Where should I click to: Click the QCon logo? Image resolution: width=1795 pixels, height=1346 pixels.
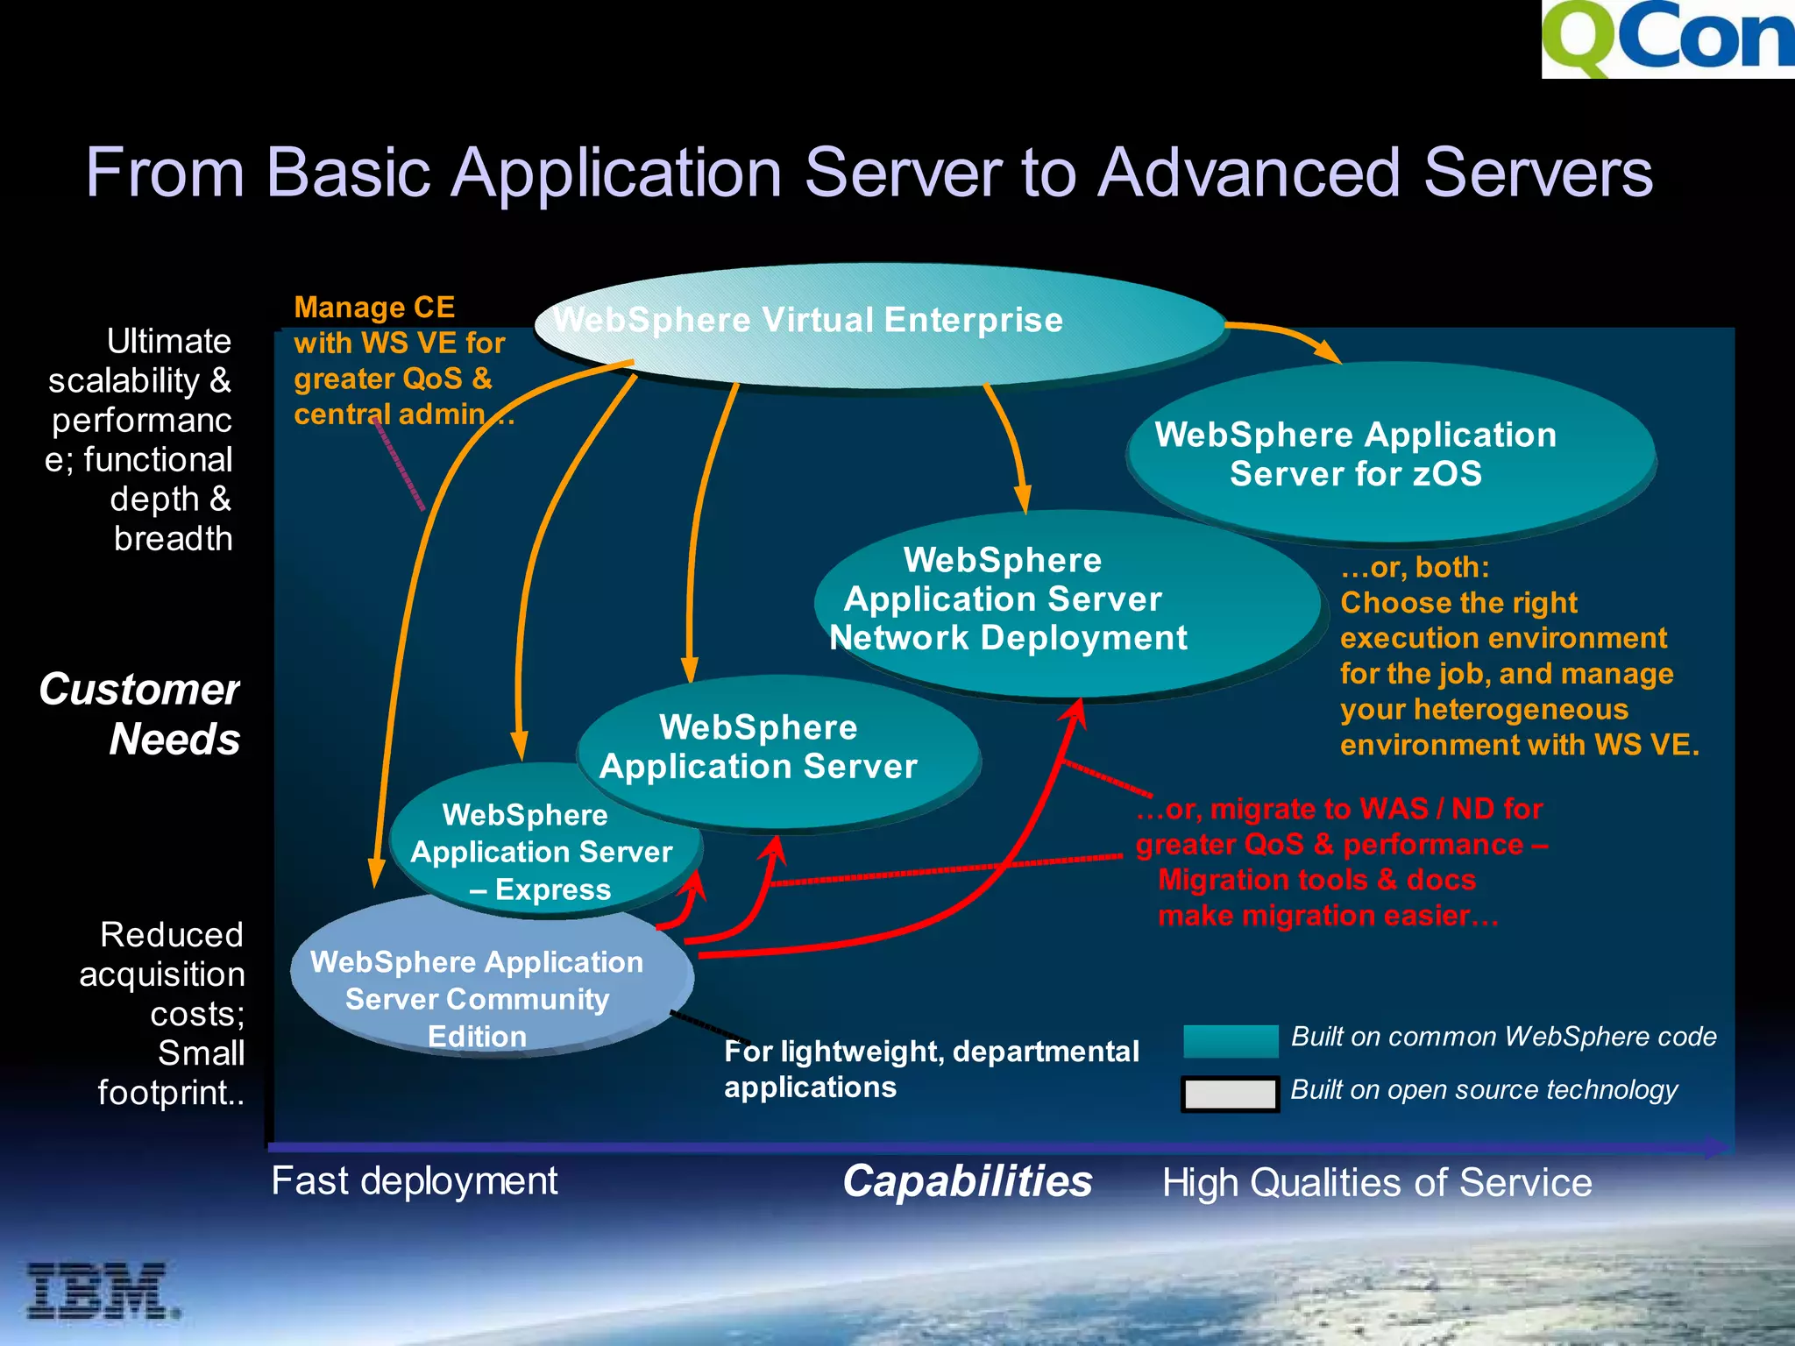click(x=1668, y=39)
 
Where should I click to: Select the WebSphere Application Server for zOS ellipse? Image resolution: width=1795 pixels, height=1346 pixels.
click(x=1390, y=454)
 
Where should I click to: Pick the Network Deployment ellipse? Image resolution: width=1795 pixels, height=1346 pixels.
click(x=1066, y=605)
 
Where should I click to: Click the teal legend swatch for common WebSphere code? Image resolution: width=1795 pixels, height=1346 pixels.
click(x=1231, y=1040)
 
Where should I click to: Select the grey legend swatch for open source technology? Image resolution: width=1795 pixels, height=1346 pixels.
click(x=1230, y=1094)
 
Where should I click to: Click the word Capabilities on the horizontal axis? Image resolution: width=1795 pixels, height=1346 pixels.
click(x=968, y=1181)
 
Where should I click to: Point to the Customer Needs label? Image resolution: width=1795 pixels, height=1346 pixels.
click(x=140, y=713)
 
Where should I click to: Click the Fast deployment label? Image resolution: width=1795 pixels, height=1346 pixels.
click(x=415, y=1180)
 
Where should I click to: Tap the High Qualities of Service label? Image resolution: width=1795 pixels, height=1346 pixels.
click(x=1376, y=1182)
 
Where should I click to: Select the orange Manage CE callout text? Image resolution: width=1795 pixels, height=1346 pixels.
click(x=400, y=360)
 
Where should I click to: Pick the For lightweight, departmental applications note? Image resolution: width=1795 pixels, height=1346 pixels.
click(x=931, y=1068)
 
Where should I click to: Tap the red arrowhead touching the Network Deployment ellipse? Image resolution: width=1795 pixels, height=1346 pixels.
click(x=1077, y=711)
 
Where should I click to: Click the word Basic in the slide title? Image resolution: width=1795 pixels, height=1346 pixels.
click(x=348, y=173)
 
